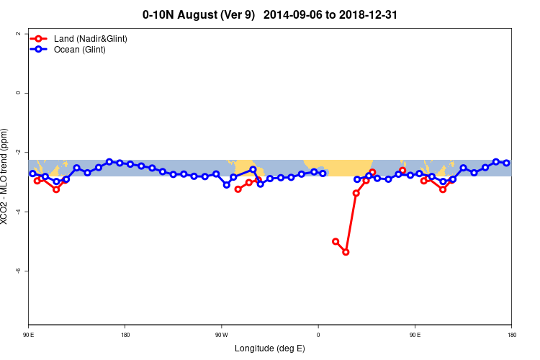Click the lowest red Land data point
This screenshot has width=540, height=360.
[346, 252]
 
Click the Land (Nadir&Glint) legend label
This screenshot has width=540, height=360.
[90, 38]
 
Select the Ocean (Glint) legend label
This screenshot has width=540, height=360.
[79, 49]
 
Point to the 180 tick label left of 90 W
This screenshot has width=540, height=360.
[125, 334]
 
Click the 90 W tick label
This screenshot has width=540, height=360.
[221, 334]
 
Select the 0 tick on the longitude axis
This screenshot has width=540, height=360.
[318, 334]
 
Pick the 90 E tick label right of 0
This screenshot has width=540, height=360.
[415, 334]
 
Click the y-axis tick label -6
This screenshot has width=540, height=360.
[18, 271]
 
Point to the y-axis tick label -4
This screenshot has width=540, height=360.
[18, 212]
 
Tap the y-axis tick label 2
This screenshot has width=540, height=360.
[18, 34]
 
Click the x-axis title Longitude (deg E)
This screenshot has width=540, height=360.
[270, 348]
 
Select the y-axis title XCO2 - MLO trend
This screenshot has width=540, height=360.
[6, 176]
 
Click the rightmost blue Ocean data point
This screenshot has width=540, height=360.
[506, 163]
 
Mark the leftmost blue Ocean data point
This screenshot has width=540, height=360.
[32, 174]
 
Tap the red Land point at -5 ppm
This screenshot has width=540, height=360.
[336, 241]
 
